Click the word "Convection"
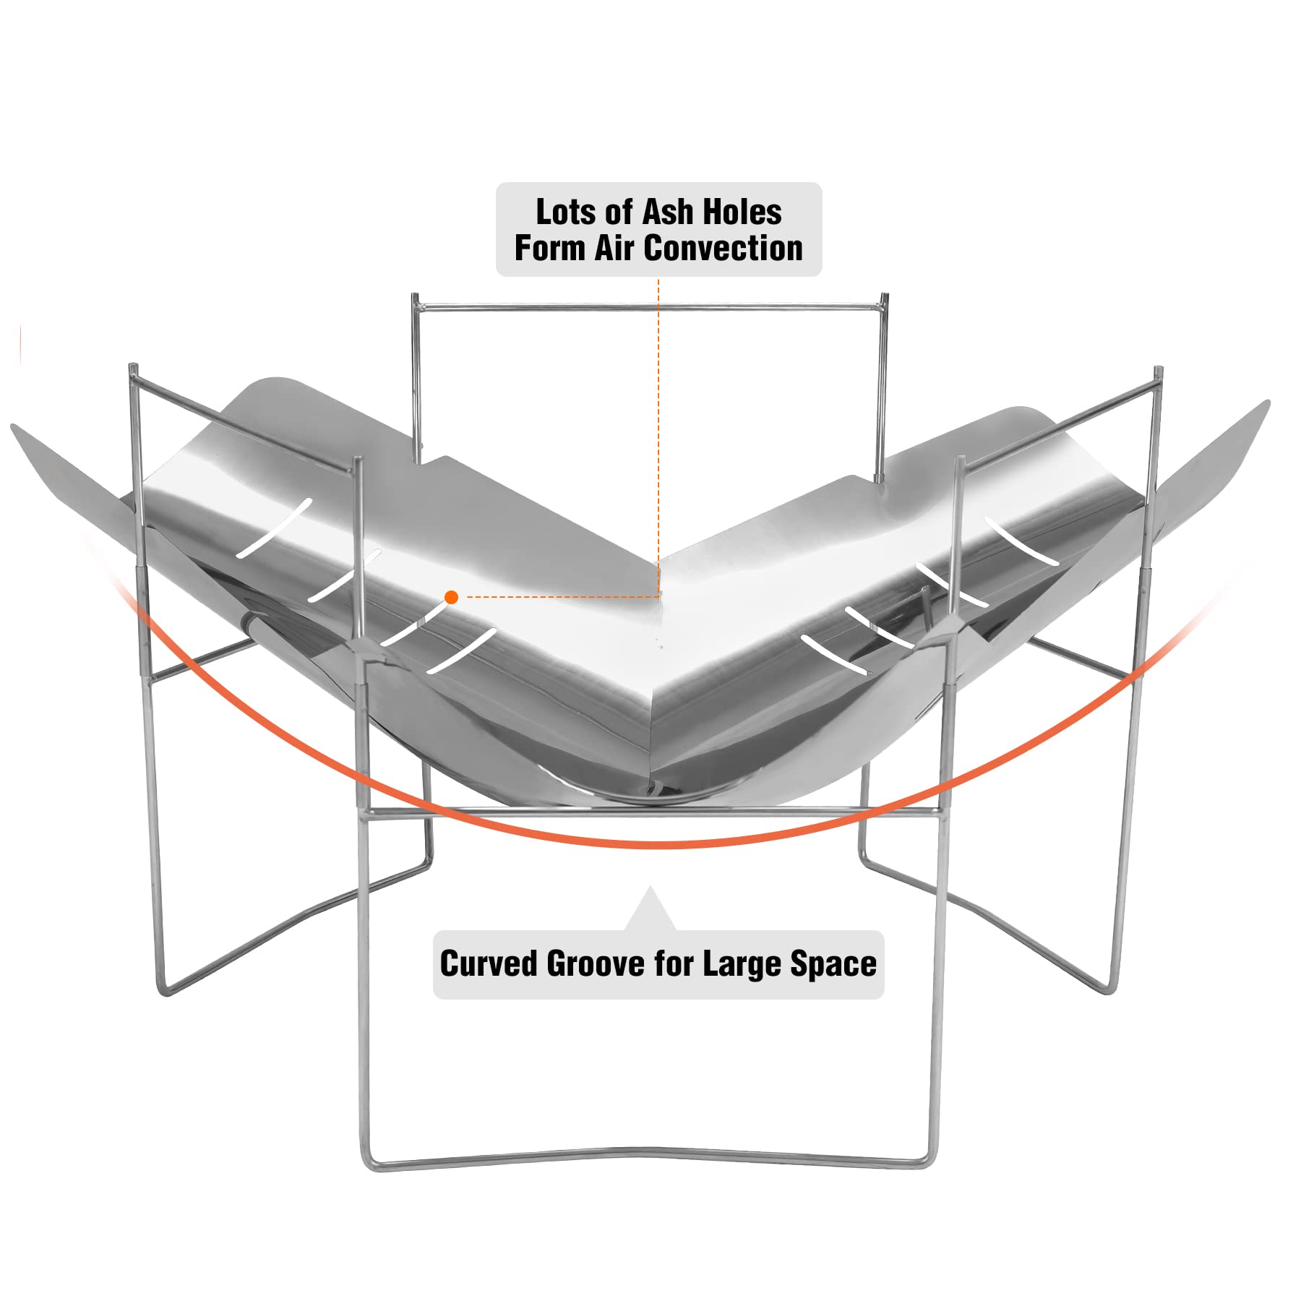723,248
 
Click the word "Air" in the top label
615,248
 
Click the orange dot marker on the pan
452,597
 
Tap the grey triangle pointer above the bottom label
650,908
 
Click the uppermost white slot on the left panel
275,528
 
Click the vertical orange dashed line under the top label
658,436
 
